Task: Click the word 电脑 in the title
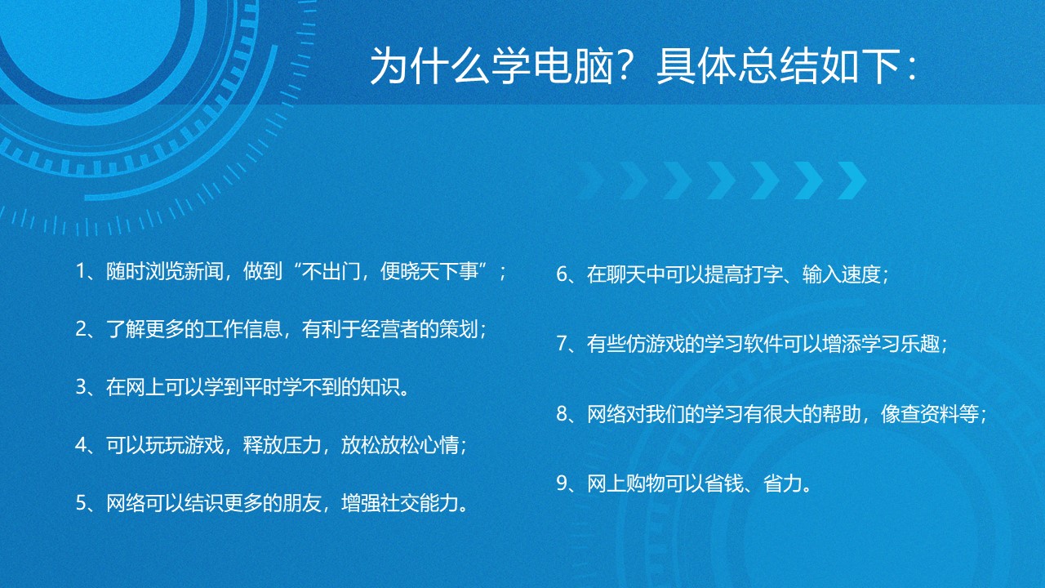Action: [573, 66]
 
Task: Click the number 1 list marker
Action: [80, 271]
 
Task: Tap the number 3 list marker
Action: [80, 387]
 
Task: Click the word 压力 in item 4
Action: [302, 445]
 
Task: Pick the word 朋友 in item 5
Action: [302, 502]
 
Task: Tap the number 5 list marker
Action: [80, 503]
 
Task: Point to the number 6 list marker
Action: [561, 274]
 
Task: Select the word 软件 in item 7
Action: [763, 344]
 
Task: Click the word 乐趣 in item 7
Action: [920, 344]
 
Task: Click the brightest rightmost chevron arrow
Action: [852, 180]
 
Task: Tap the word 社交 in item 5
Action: [400, 502]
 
